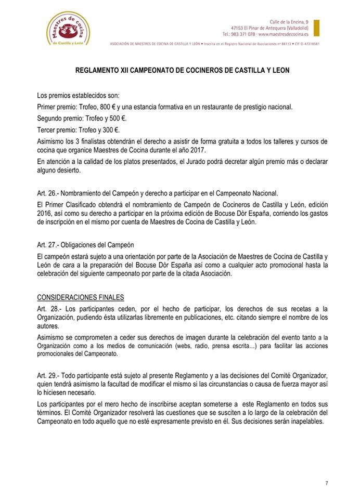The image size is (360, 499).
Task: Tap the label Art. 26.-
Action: [x=48, y=192]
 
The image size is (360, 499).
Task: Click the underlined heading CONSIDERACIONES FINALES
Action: [x=81, y=297]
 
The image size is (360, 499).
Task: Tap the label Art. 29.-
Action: [x=48, y=376]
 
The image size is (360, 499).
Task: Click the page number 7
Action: [x=327, y=483]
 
